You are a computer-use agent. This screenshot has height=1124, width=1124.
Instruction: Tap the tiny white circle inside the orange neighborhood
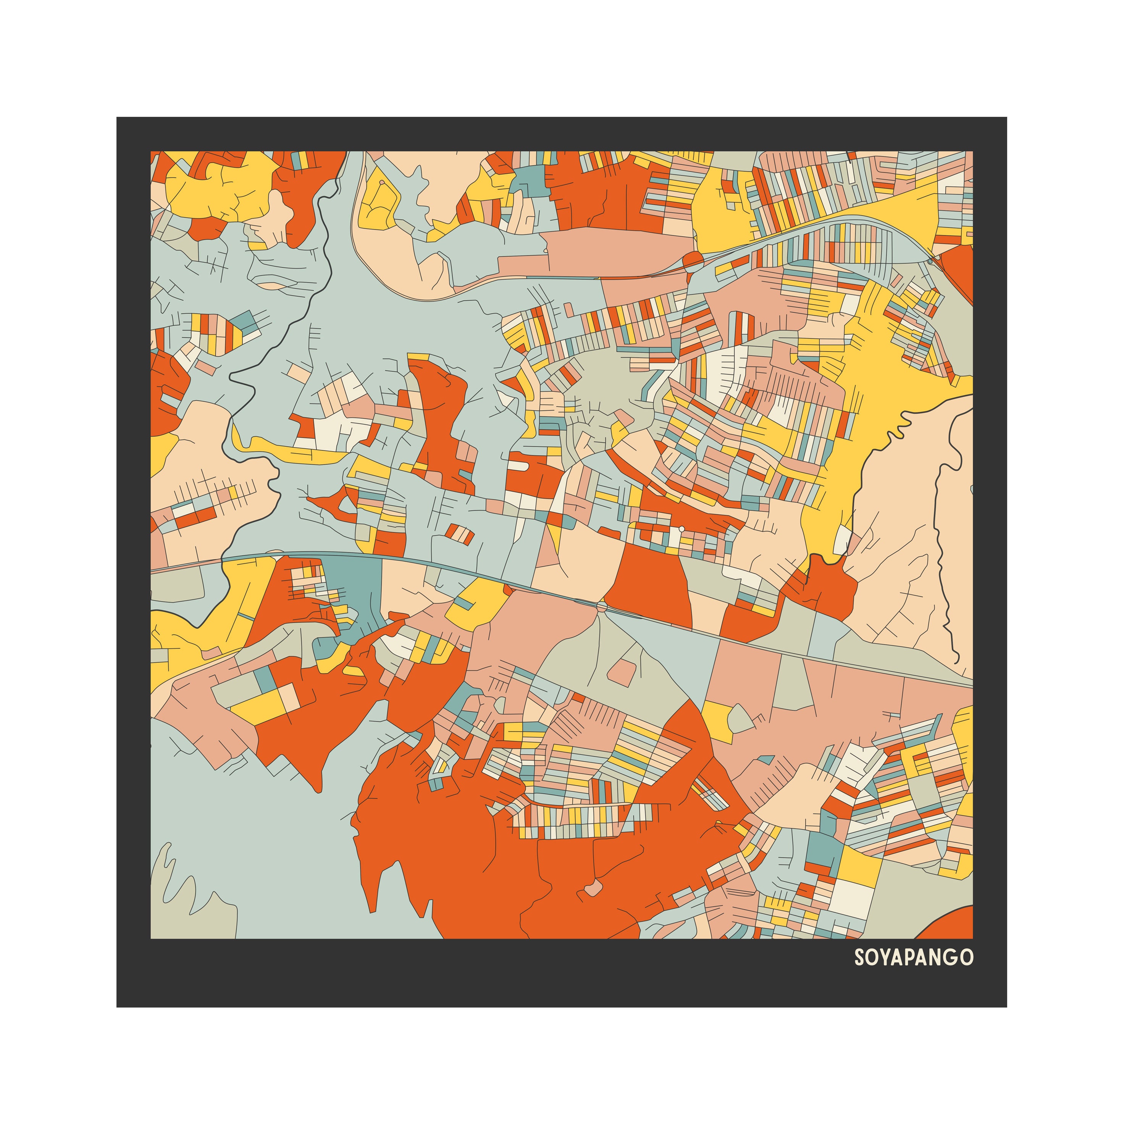[681, 529]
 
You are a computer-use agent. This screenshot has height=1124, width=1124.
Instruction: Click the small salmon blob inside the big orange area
[594, 889]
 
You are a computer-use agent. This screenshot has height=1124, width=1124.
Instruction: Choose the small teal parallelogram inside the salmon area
[765, 760]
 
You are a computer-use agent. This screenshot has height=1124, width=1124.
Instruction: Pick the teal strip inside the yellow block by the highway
[463, 603]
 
